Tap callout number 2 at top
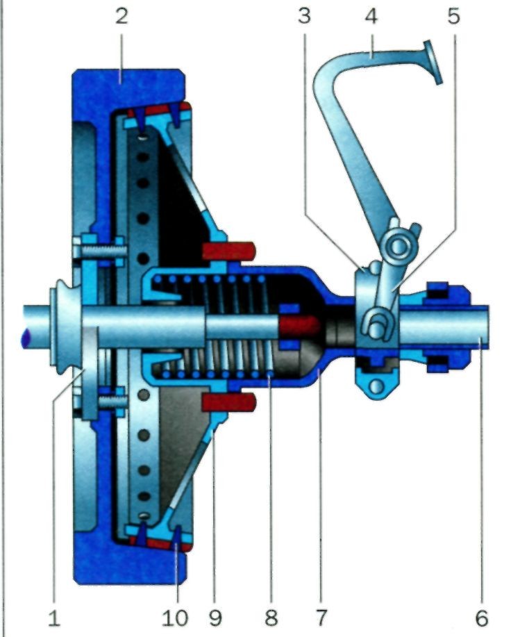(121, 16)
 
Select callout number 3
(304, 16)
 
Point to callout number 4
(371, 16)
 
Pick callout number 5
(453, 16)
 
